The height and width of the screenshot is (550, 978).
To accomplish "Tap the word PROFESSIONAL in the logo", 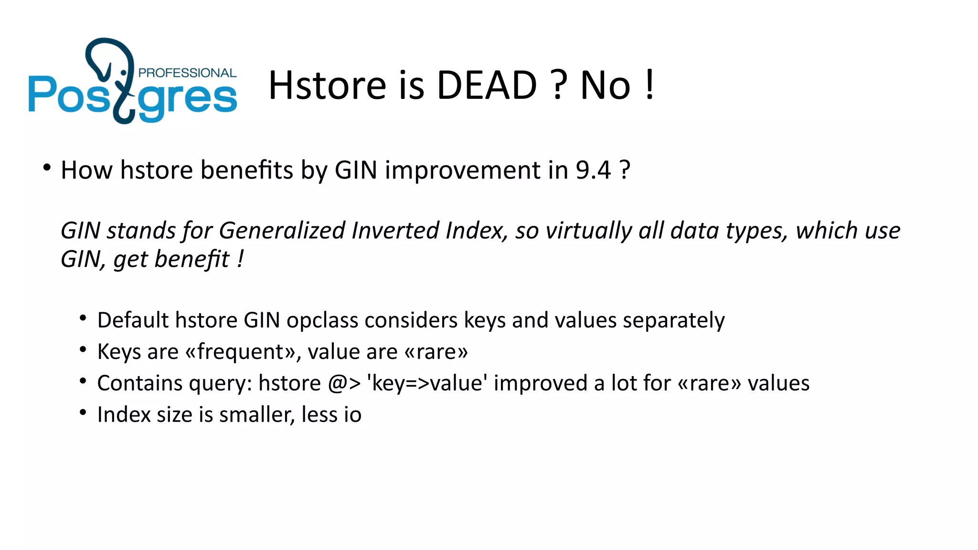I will click(x=187, y=73).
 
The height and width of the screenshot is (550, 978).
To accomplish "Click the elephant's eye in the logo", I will click(x=124, y=72).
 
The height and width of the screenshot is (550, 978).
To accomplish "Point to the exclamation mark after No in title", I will click(x=649, y=85).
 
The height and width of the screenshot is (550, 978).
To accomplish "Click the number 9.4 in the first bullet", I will click(x=593, y=170).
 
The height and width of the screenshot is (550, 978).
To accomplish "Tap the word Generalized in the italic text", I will click(x=282, y=231).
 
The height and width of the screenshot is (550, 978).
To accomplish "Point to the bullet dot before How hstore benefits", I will click(x=46, y=168).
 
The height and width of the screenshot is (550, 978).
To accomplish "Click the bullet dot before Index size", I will click(x=83, y=412).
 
